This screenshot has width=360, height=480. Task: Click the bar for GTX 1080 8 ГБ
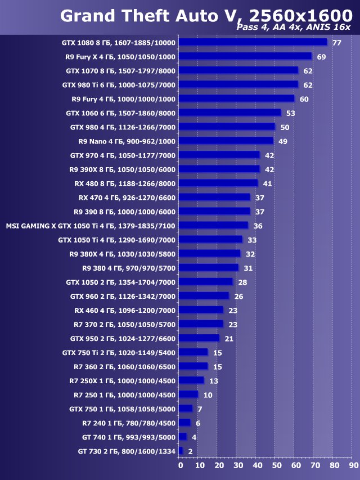point(253,42)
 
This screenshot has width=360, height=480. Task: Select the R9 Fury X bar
point(245,56)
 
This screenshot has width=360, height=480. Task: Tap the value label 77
point(337,43)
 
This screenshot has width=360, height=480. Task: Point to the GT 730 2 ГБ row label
point(127,451)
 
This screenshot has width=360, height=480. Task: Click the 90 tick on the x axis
point(353,465)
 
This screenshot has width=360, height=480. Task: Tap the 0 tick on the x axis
point(180,465)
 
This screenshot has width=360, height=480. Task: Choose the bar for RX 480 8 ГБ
point(218,183)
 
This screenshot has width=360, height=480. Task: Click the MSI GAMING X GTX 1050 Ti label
point(91,226)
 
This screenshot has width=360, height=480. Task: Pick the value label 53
point(290,113)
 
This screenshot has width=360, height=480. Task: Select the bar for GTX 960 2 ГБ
point(204,296)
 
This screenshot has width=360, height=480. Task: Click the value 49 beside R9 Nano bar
point(282,141)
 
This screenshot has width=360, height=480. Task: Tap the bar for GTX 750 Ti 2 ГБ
point(193,352)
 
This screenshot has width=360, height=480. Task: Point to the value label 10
point(208,395)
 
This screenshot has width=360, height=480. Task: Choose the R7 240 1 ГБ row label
point(129,423)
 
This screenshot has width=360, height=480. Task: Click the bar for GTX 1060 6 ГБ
point(229,113)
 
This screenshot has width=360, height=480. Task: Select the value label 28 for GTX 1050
point(242,282)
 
